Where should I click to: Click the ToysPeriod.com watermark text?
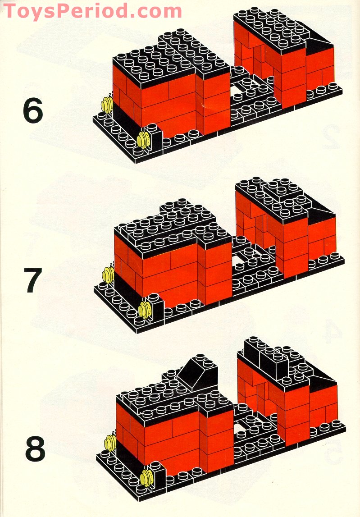point(92,10)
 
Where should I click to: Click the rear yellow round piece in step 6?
point(107,105)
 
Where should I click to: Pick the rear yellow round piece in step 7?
point(108,274)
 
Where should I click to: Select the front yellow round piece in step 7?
point(145,310)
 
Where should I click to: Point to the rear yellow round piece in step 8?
point(109,443)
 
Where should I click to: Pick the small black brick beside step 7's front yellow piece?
point(157,307)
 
